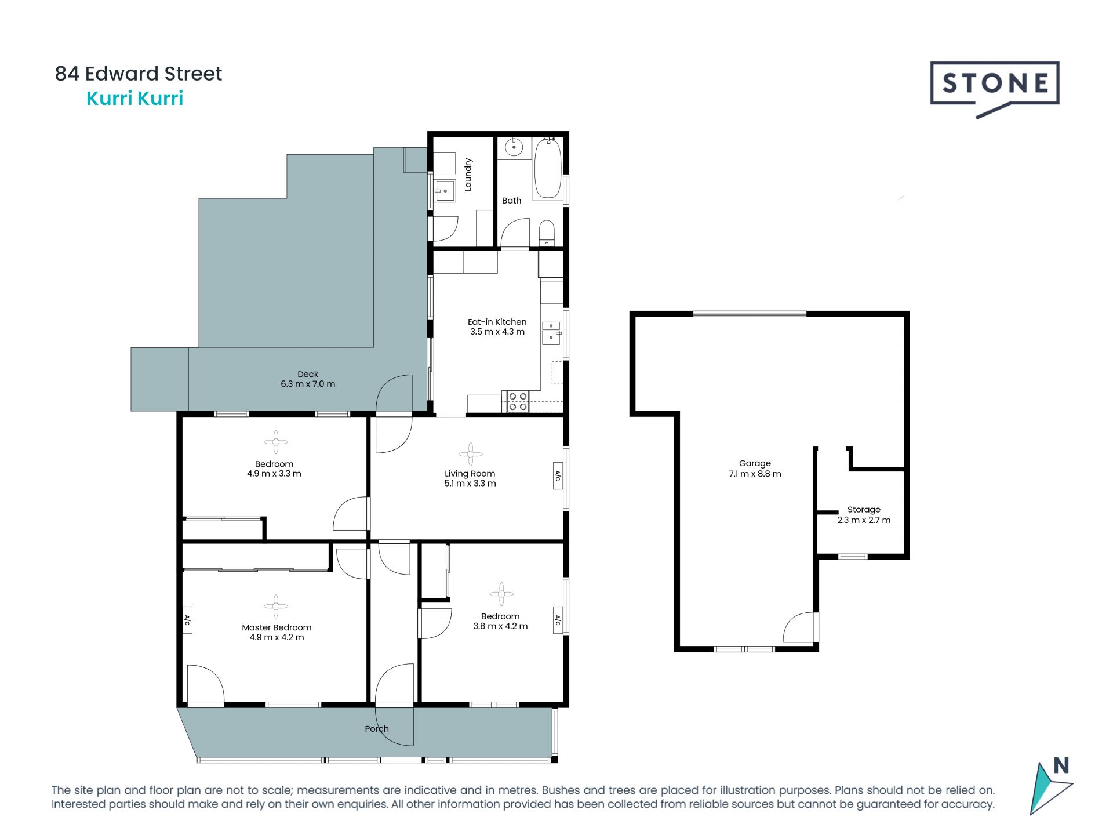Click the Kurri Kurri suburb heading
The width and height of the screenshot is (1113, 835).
coord(134,99)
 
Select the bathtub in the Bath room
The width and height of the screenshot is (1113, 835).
coord(547,168)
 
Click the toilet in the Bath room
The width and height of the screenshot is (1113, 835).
coord(547,233)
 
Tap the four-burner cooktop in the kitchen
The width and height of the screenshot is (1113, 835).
coord(517,402)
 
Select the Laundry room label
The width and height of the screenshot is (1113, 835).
coord(468,175)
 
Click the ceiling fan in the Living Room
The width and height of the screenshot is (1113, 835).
coord(470,454)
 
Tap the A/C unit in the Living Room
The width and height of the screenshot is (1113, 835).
coord(558,475)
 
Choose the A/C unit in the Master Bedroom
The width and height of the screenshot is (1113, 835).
coord(187,620)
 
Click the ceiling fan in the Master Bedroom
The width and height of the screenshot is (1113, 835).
coord(275,606)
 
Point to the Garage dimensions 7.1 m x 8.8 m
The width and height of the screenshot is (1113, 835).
coord(755,474)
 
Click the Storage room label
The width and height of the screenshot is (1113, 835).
coord(864,510)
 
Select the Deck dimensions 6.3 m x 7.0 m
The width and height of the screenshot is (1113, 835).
coord(308,384)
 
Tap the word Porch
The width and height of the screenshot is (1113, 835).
coord(377,729)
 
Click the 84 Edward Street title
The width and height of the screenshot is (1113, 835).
coord(139,74)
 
